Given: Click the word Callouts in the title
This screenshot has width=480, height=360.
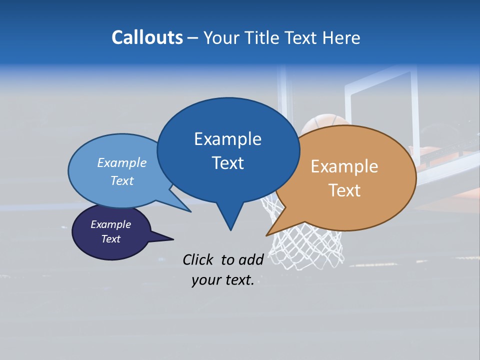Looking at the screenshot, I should click(147, 37).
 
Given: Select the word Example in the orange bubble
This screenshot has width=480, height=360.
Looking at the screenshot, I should click(344, 166).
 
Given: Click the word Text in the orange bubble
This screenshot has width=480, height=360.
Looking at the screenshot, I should click(344, 190).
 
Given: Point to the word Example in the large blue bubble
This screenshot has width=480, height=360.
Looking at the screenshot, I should click(227, 139).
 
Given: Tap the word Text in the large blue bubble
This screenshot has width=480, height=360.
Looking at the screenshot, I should click(227, 163).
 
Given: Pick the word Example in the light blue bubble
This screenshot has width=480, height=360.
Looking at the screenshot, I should click(121, 162).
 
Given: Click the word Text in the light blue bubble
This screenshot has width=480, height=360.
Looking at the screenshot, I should click(121, 180).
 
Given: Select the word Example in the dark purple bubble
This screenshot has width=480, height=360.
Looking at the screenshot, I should click(110, 224).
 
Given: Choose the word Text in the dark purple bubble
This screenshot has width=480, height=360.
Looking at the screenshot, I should click(110, 239).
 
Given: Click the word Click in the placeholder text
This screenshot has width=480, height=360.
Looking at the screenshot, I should click(199, 259).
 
